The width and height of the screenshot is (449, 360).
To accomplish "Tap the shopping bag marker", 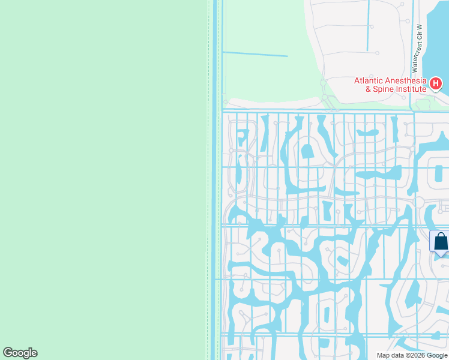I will pos(440,242).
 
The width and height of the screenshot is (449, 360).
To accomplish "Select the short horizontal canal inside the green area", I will pos(255,55).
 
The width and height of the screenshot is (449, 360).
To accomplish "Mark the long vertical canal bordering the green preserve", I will pos(215,180).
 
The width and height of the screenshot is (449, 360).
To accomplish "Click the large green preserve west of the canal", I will pos(102,180).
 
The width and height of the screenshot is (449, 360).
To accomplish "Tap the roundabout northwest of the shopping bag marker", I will pos(418,202).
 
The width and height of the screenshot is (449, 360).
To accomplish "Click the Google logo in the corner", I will pos(20,353).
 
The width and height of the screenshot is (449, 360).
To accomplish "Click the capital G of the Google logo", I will pos(8,353).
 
